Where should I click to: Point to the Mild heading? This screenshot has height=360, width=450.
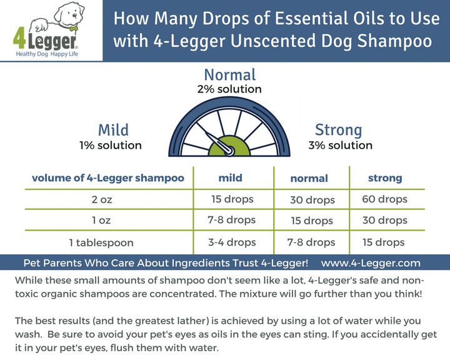(113, 130)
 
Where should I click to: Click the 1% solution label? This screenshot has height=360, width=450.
(110, 146)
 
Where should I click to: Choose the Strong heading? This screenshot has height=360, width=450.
(338, 130)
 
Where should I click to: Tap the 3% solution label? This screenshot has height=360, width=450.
(340, 146)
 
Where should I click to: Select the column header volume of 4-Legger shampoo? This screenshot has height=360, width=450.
(108, 178)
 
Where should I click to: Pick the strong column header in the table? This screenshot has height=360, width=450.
(385, 178)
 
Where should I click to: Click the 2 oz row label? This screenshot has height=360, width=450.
(108, 200)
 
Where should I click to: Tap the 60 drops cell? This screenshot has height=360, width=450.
(384, 200)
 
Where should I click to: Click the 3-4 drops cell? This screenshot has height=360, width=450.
(232, 242)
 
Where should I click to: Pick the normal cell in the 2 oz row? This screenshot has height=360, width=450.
(312, 201)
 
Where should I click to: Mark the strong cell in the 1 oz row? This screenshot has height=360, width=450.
(384, 221)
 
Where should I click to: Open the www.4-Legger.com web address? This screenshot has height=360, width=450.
(371, 263)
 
